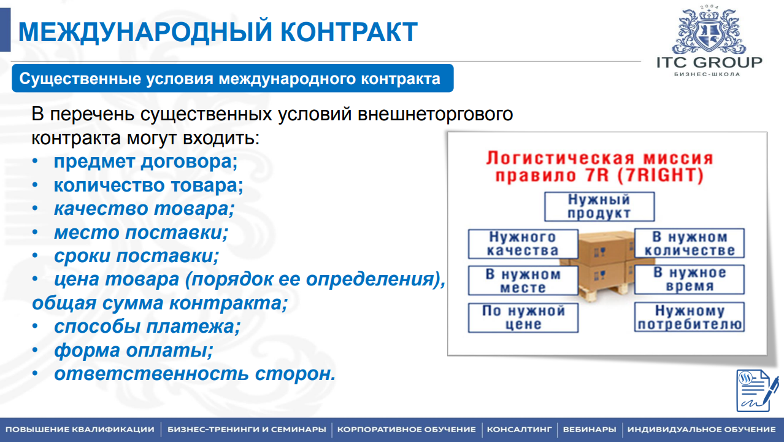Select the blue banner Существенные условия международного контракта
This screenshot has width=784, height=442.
click(231, 79)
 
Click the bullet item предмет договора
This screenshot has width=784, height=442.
click(145, 162)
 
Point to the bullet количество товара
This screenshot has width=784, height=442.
click(148, 185)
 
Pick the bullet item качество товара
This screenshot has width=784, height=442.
click(144, 209)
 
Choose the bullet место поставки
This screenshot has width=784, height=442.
click(140, 233)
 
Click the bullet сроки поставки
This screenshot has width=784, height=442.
click(136, 256)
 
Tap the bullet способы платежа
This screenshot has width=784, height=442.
click(147, 327)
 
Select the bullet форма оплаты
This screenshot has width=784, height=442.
click(133, 351)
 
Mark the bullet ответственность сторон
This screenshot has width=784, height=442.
click(194, 374)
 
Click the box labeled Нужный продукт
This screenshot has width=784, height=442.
click(599, 207)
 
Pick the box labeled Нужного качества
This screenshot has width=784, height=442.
click(523, 244)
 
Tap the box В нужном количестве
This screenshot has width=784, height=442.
click(689, 244)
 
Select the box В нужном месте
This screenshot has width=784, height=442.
click(523, 281)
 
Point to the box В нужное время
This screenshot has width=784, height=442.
click(689, 280)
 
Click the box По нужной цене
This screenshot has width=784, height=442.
click(523, 317)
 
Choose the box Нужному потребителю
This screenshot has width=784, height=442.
click(689, 317)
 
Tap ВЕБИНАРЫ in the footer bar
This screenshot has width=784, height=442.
click(589, 429)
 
